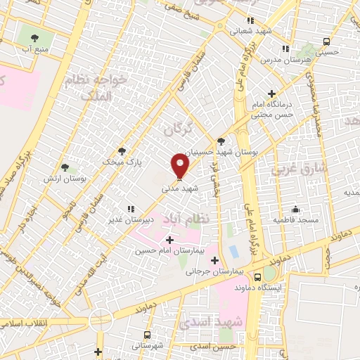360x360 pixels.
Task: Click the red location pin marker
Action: [181, 166]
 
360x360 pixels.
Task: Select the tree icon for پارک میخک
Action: [121, 150]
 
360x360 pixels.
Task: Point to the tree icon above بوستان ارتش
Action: [65, 167]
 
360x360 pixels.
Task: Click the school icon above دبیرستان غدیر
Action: [129, 208]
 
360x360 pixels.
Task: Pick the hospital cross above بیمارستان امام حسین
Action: [169, 240]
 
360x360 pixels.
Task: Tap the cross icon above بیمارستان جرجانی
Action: [215, 258]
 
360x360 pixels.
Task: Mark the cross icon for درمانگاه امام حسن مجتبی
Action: [271, 93]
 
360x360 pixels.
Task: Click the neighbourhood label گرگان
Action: [177, 129]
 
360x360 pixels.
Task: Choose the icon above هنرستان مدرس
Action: [285, 49]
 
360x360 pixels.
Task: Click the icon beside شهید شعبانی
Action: [250, 20]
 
